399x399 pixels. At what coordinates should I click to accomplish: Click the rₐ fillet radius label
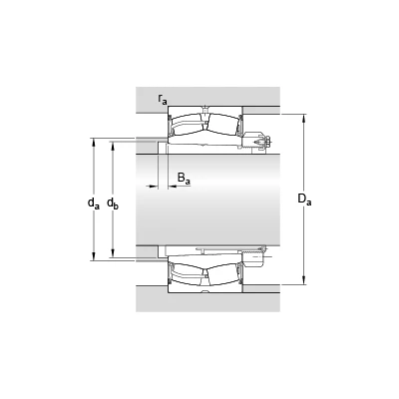163,99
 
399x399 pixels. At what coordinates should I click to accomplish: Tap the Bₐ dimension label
184,179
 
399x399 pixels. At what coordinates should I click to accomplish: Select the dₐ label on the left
94,203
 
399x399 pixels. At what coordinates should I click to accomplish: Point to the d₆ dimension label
113,203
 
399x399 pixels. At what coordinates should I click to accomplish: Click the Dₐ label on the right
304,199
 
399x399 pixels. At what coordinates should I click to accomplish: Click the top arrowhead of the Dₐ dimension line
304,119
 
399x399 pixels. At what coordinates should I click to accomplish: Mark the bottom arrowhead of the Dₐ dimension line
304,280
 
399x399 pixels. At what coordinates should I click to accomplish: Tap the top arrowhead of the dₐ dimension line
94,143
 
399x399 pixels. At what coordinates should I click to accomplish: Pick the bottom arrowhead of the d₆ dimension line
113,253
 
